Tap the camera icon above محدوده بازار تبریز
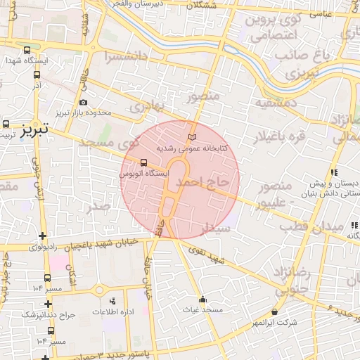[83, 103]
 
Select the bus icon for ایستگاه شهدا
[27, 51]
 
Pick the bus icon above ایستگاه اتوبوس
[144, 162]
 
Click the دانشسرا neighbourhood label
[125, 56]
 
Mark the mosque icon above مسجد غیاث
[203, 299]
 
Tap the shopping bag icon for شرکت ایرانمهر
[274, 311]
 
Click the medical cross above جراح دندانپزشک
[48, 304]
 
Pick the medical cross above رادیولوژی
[44, 236]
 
